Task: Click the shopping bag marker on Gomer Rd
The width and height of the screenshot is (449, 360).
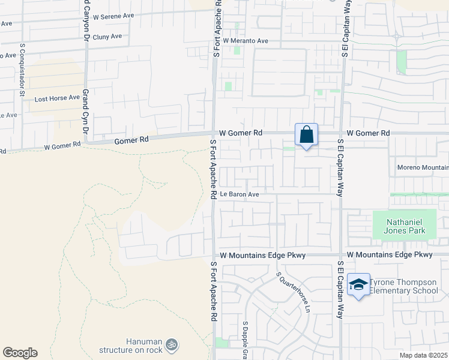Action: tap(306, 135)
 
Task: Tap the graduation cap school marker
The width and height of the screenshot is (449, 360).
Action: tap(358, 285)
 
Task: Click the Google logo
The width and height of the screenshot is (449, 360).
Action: tap(20, 353)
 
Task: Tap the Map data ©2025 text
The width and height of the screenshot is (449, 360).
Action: tap(424, 355)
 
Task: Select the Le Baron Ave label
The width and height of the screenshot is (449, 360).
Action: tap(239, 194)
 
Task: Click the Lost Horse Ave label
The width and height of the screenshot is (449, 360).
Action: tap(57, 98)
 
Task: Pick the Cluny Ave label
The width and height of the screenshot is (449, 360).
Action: tap(107, 37)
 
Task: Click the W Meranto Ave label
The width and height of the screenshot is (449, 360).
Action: tap(245, 41)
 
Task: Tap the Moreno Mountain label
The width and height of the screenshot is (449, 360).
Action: tap(423, 167)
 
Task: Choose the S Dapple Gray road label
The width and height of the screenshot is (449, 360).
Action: tap(245, 339)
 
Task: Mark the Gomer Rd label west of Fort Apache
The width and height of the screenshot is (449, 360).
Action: tap(131, 140)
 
